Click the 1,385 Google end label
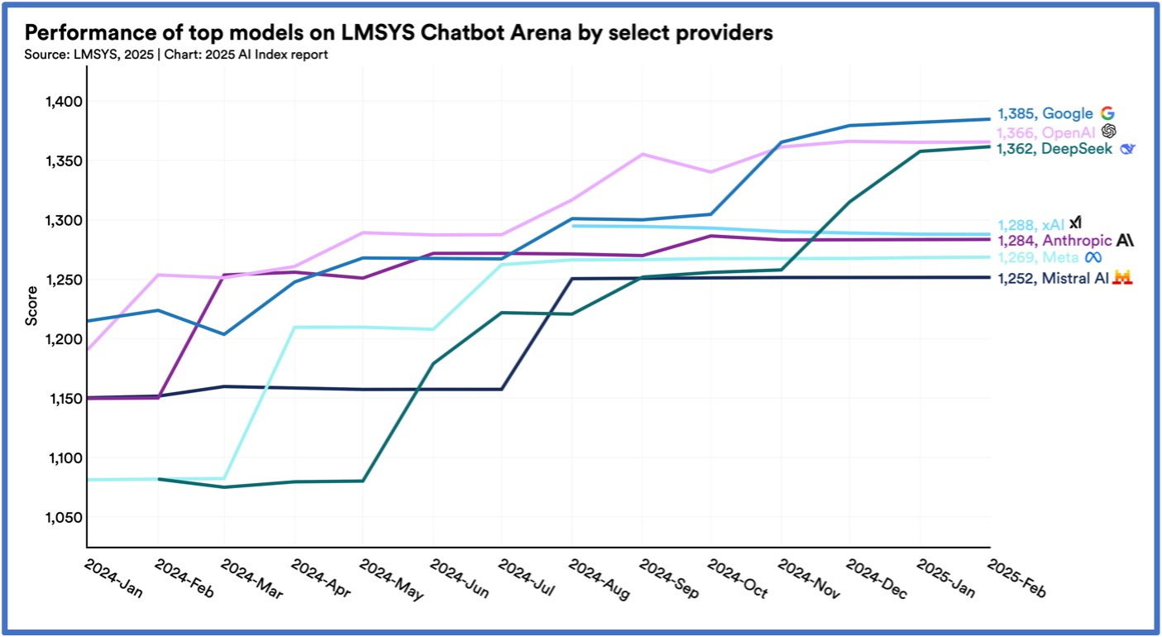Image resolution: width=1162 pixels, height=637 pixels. [1046, 114]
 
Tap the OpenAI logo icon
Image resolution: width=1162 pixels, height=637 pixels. [1109, 132]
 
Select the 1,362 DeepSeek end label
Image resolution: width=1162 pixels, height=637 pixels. [1054, 149]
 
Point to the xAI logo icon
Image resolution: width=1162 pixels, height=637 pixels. [1075, 223]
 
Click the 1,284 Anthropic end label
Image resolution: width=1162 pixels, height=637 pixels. [1054, 240]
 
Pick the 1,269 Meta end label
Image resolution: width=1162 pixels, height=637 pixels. [1039, 257]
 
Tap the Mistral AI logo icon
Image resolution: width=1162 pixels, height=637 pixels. [1122, 278]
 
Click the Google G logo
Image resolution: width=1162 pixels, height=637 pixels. [1107, 114]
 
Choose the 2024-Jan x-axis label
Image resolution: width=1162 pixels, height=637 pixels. [113, 582]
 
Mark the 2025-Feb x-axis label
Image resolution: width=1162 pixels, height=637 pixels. [1016, 582]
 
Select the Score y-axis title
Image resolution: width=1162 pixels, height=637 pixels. [32, 306]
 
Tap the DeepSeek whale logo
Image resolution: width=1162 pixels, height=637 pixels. [1127, 149]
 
